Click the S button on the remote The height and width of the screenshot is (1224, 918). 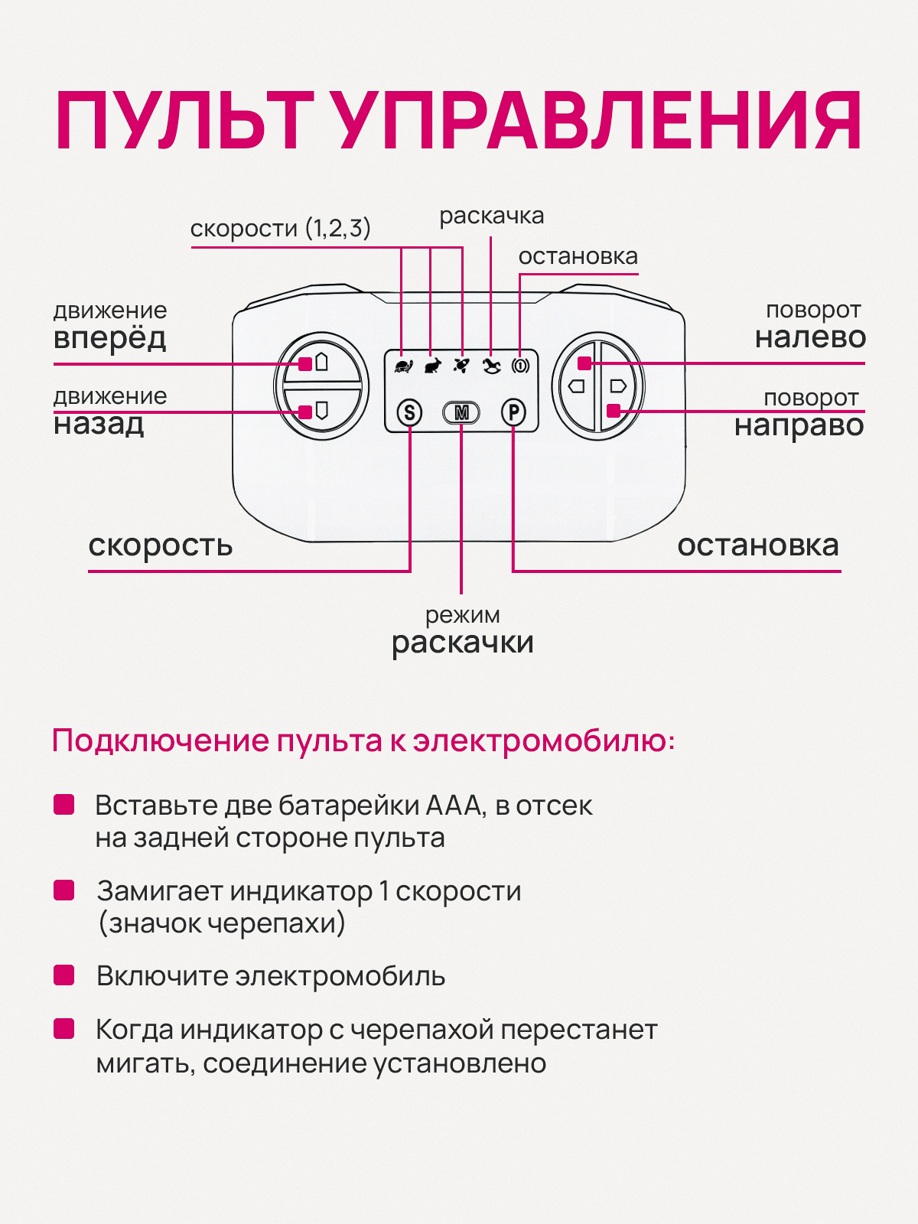410,413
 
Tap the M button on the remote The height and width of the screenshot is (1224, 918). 461,413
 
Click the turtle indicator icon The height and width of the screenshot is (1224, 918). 403,366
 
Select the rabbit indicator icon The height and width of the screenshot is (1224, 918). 432,366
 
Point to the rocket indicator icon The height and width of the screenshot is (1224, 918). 461,366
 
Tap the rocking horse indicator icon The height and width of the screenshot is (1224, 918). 491,366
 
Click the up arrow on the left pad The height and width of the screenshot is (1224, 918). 322,361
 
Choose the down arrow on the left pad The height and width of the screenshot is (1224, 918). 322,411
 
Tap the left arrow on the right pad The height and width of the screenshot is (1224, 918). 577,386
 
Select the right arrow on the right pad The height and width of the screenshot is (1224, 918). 618,386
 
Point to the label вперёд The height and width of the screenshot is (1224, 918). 109,337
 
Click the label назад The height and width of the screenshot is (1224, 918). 99,423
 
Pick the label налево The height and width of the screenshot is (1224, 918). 810,337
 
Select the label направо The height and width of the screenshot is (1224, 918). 799,425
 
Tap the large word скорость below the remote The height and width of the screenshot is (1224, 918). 160,545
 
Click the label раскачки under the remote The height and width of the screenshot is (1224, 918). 462,643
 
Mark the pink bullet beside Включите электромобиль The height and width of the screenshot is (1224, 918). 63,975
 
